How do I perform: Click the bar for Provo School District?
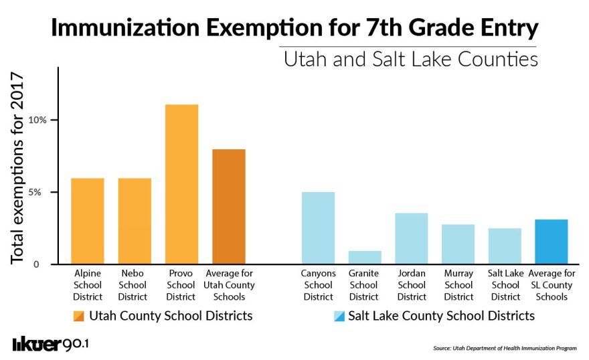(x=182, y=184)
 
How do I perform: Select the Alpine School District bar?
(x=88, y=221)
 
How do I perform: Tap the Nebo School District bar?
(x=135, y=221)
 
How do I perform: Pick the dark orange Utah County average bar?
(x=229, y=207)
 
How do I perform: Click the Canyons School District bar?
(x=318, y=228)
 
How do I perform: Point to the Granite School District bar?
(x=365, y=258)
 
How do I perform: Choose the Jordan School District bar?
(x=412, y=238)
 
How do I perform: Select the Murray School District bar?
(x=458, y=244)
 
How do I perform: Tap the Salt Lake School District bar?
(x=505, y=246)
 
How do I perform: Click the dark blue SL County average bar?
(x=551, y=242)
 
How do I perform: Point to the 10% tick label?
(x=37, y=120)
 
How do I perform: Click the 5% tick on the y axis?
(x=35, y=192)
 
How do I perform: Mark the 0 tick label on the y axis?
(x=36, y=264)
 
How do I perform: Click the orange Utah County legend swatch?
(x=79, y=317)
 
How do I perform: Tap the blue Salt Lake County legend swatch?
(x=339, y=317)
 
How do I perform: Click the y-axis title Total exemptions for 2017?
(x=17, y=168)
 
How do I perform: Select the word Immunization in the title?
(x=125, y=28)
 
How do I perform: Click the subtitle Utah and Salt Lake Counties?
(x=410, y=60)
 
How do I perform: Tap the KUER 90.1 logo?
(x=51, y=344)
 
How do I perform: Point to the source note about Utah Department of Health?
(x=505, y=349)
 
